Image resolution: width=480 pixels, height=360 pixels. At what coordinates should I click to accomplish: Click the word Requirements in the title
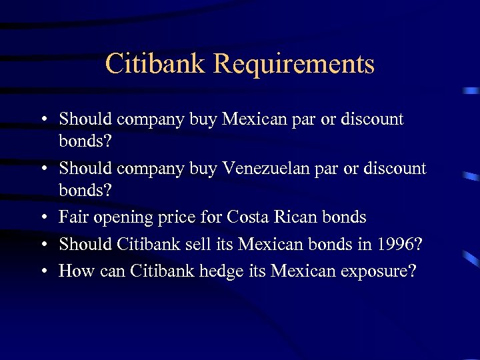(x=294, y=65)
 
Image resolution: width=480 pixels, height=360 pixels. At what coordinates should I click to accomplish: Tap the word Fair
(x=71, y=217)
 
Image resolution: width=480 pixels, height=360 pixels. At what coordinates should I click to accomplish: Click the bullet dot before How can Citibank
(x=43, y=271)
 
